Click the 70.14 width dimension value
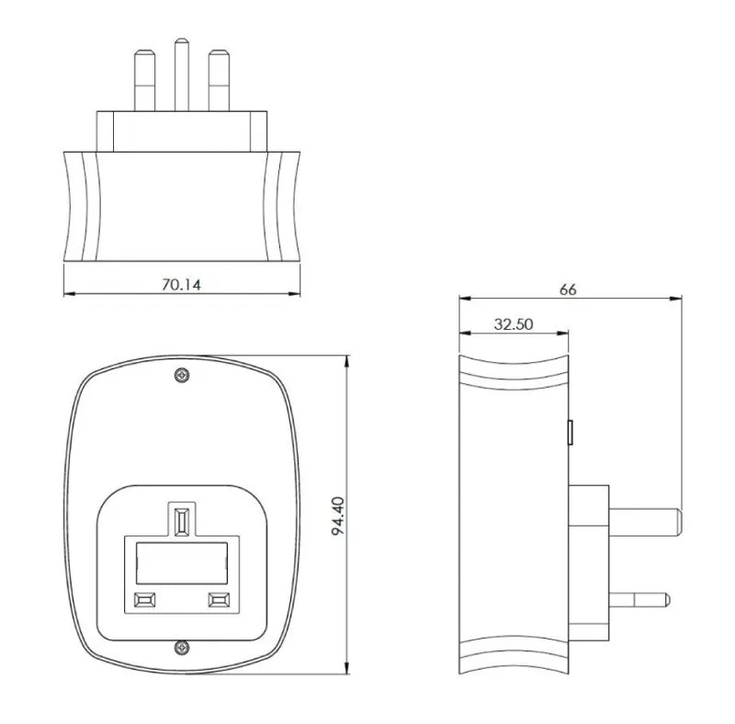(181, 285)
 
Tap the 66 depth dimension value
(568, 289)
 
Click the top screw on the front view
(182, 374)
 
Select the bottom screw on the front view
(182, 648)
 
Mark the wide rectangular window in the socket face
(181, 562)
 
